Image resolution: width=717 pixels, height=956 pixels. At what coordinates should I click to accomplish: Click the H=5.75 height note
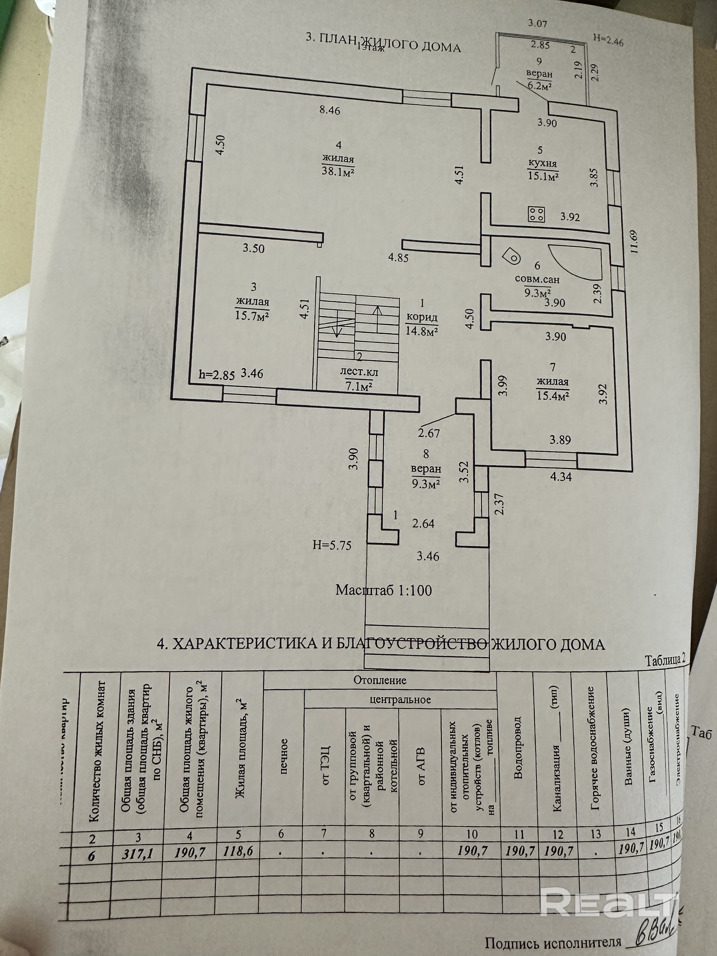click(x=332, y=545)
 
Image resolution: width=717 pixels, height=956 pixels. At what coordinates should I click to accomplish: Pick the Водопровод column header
click(x=518, y=750)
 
